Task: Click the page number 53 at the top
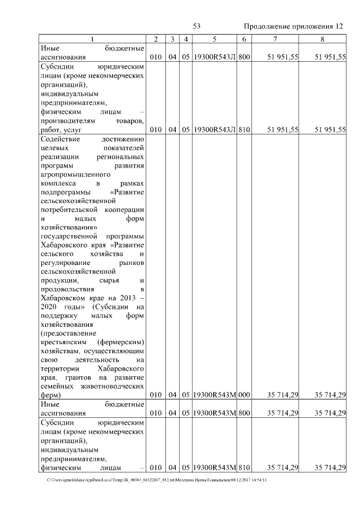(197, 26)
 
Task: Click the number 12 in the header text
(338, 26)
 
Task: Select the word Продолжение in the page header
(266, 26)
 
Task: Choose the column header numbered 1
(93, 39)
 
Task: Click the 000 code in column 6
(244, 395)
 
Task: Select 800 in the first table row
(244, 57)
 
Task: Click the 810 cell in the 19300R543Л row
(244, 129)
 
